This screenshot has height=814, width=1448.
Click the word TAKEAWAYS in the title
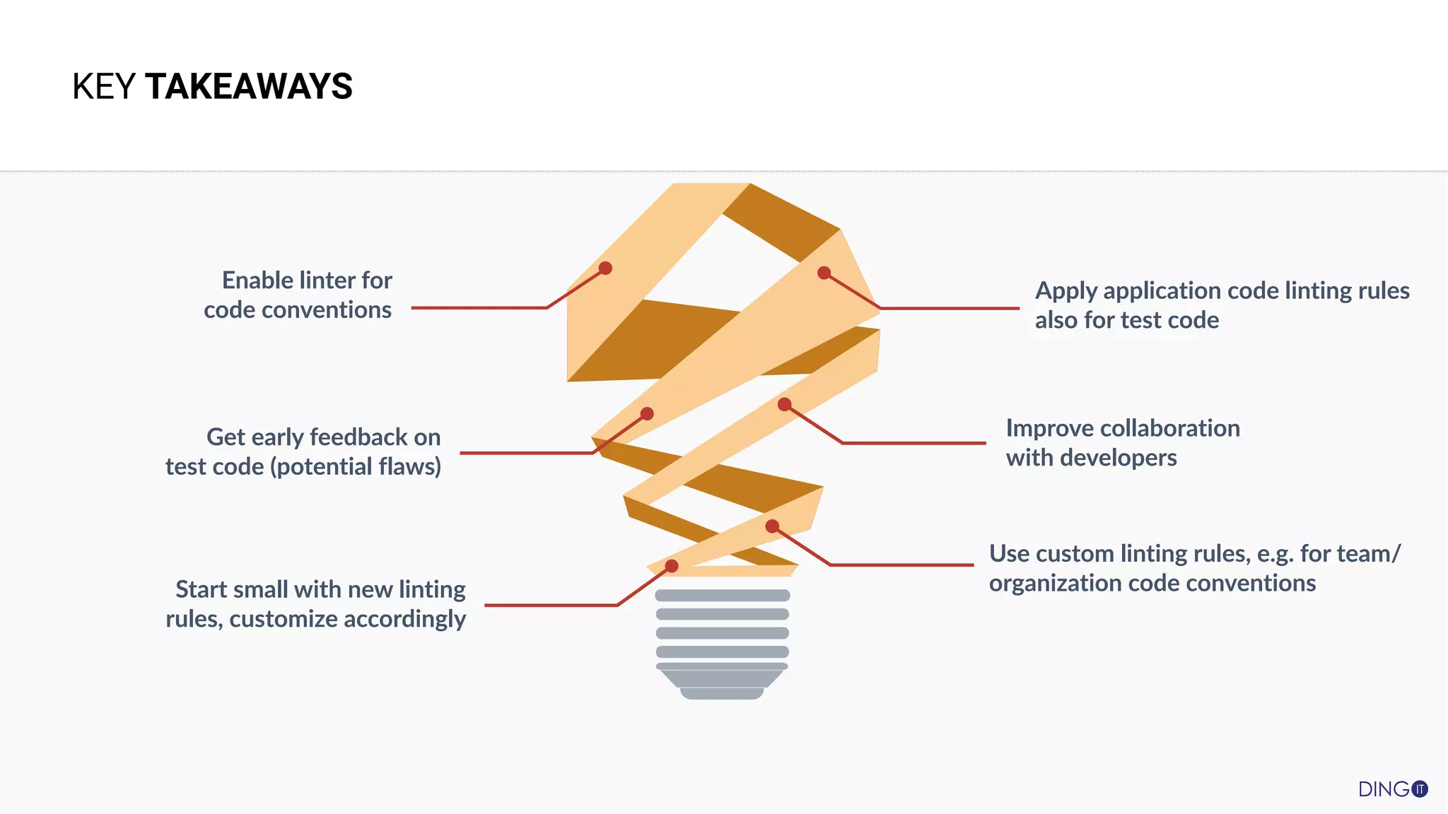click(248, 87)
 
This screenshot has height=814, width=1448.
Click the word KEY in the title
click(103, 87)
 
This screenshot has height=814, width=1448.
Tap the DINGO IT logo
click(1392, 789)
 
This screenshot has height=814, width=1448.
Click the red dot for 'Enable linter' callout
click(605, 269)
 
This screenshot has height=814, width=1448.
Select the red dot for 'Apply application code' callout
click(824, 273)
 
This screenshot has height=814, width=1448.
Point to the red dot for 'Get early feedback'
click(647, 414)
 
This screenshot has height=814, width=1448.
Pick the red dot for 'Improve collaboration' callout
click(784, 405)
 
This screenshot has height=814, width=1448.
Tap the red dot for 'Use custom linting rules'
click(772, 526)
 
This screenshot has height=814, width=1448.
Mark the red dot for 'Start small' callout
click(672, 566)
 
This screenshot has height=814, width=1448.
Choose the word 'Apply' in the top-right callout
click(1065, 291)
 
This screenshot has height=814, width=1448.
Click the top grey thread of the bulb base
click(723, 596)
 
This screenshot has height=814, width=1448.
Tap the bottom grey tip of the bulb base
click(722, 694)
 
